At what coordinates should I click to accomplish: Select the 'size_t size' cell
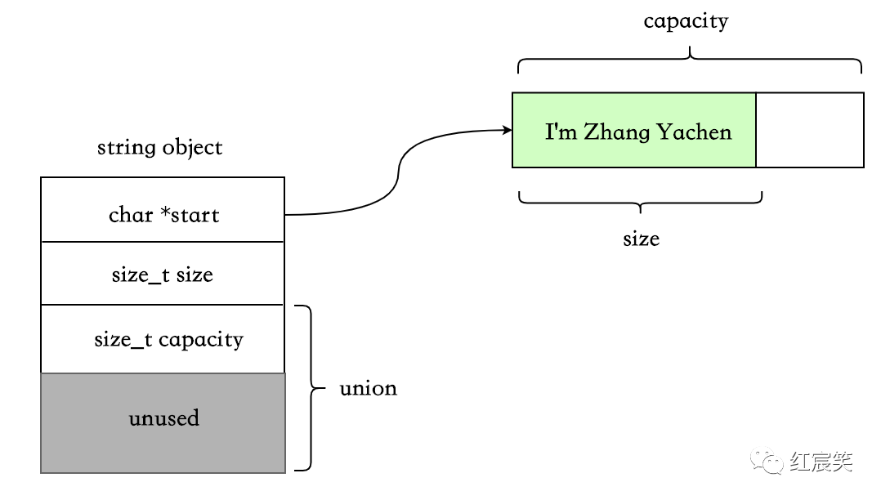[x=163, y=274]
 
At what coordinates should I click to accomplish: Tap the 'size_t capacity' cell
[x=163, y=338]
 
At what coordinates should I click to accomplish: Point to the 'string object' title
[x=159, y=148]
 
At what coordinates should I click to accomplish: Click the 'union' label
[x=368, y=388]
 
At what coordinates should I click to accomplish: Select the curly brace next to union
[x=306, y=388]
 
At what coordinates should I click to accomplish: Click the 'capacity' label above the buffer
[x=685, y=21]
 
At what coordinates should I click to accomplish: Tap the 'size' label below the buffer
[x=641, y=239]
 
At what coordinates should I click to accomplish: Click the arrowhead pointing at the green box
[x=506, y=129]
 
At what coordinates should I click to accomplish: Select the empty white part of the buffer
[x=809, y=131]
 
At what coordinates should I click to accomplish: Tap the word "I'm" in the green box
[x=561, y=132]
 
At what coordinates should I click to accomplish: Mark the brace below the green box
[x=640, y=199]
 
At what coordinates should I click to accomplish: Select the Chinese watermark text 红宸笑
[x=821, y=462]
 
